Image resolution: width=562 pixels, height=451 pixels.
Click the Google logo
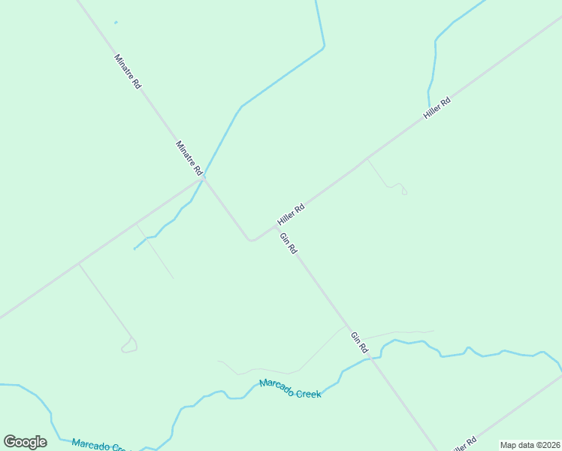(25, 442)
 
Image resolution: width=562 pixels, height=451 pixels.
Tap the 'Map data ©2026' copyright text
(530, 445)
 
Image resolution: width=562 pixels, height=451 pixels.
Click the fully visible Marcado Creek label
(290, 389)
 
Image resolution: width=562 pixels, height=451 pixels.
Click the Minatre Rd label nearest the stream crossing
(189, 159)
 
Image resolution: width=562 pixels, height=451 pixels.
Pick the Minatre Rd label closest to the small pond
(127, 72)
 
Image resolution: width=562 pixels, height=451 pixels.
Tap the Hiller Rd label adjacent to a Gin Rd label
(290, 214)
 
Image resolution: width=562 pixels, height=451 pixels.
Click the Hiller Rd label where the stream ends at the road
(437, 108)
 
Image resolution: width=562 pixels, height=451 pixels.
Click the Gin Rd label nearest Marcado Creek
(359, 343)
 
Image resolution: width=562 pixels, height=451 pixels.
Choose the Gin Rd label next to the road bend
(289, 244)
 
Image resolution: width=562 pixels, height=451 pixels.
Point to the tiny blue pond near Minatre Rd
(116, 23)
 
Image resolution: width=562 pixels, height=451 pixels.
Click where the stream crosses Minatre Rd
(204, 177)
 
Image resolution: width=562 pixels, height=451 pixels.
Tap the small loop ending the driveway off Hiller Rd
(403, 191)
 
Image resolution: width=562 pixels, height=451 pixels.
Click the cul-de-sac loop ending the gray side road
(129, 347)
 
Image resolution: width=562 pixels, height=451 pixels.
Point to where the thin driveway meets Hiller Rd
(367, 159)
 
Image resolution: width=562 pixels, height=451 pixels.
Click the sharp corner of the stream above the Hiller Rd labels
(324, 47)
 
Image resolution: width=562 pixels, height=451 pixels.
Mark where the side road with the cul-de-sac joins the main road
(79, 264)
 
